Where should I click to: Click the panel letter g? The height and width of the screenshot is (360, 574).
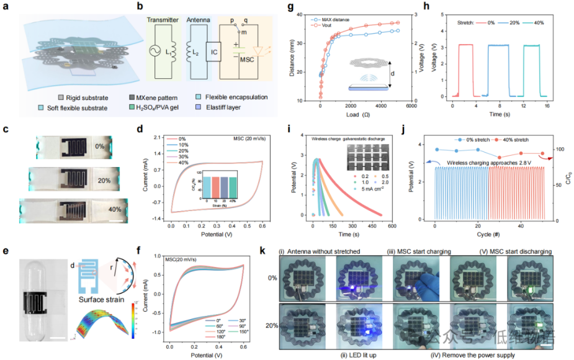[x=289, y=8]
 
